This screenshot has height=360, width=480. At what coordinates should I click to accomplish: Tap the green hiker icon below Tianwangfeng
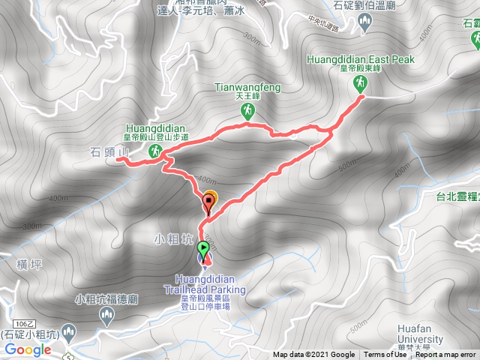[247, 111]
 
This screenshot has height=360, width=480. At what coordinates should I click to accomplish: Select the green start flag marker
[203, 249]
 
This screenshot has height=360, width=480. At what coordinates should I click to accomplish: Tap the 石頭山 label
[110, 152]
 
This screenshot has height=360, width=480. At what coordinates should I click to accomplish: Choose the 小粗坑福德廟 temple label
[105, 298]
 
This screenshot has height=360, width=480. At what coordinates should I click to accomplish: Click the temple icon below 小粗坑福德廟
[105, 312]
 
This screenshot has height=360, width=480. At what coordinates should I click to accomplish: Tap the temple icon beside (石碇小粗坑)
[69, 332]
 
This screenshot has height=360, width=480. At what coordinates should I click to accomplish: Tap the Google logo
[27, 349]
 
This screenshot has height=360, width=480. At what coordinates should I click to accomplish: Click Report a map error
[445, 355]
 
